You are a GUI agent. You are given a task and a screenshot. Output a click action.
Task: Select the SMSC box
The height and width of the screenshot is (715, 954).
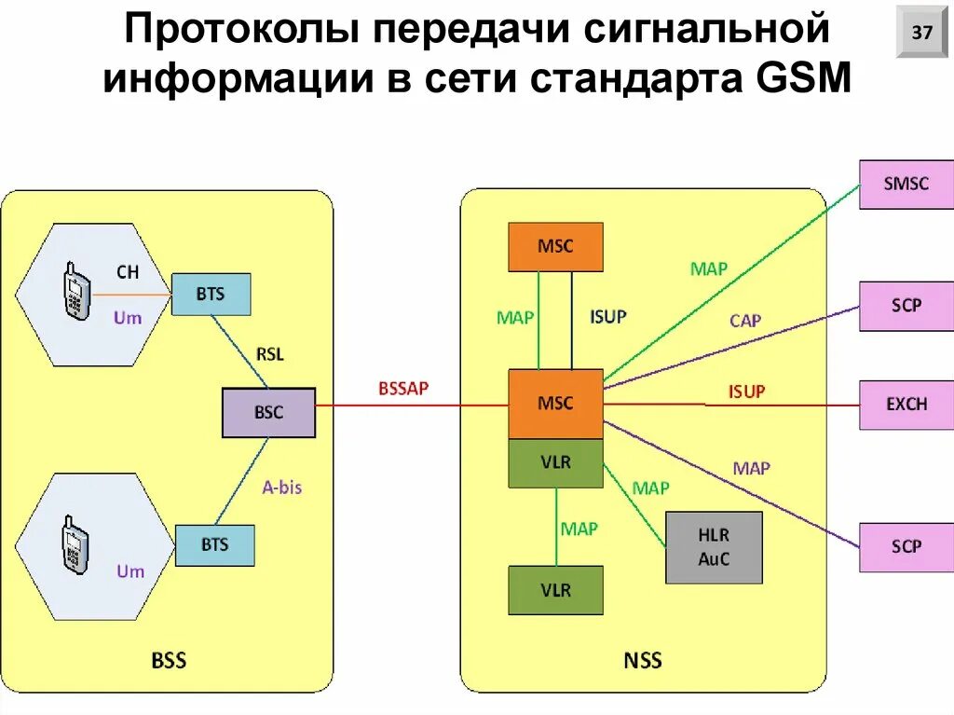906,184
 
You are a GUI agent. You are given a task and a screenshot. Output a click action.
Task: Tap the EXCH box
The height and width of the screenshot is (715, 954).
906,405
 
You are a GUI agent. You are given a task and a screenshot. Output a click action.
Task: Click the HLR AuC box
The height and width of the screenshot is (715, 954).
713,547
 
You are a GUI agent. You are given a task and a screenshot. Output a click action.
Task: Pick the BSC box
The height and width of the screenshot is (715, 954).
268,412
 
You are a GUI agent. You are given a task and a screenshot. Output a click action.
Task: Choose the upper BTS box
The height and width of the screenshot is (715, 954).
211,294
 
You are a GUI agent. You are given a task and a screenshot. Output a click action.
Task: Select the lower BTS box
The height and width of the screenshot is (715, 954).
214,544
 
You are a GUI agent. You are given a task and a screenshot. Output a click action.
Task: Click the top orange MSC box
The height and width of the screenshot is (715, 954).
555,247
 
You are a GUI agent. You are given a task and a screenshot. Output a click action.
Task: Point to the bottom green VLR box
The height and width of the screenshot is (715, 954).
555,590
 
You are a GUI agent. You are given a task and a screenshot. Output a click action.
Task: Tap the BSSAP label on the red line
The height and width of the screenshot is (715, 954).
403,389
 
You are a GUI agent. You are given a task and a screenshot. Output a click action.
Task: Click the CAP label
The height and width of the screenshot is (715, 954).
745,321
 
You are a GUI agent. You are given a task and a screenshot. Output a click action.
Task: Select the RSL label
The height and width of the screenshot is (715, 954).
269,354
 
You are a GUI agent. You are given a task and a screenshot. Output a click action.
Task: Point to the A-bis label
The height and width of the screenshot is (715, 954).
281,487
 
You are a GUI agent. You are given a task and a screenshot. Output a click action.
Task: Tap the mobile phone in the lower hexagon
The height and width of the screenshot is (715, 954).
75,542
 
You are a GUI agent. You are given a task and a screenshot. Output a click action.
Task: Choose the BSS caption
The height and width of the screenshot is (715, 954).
169,661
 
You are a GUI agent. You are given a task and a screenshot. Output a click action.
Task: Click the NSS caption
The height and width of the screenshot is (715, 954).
642,661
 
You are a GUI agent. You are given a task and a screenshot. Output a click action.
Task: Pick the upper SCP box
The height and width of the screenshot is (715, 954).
906,305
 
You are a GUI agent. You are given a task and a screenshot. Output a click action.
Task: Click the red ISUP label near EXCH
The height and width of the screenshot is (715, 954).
746,392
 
